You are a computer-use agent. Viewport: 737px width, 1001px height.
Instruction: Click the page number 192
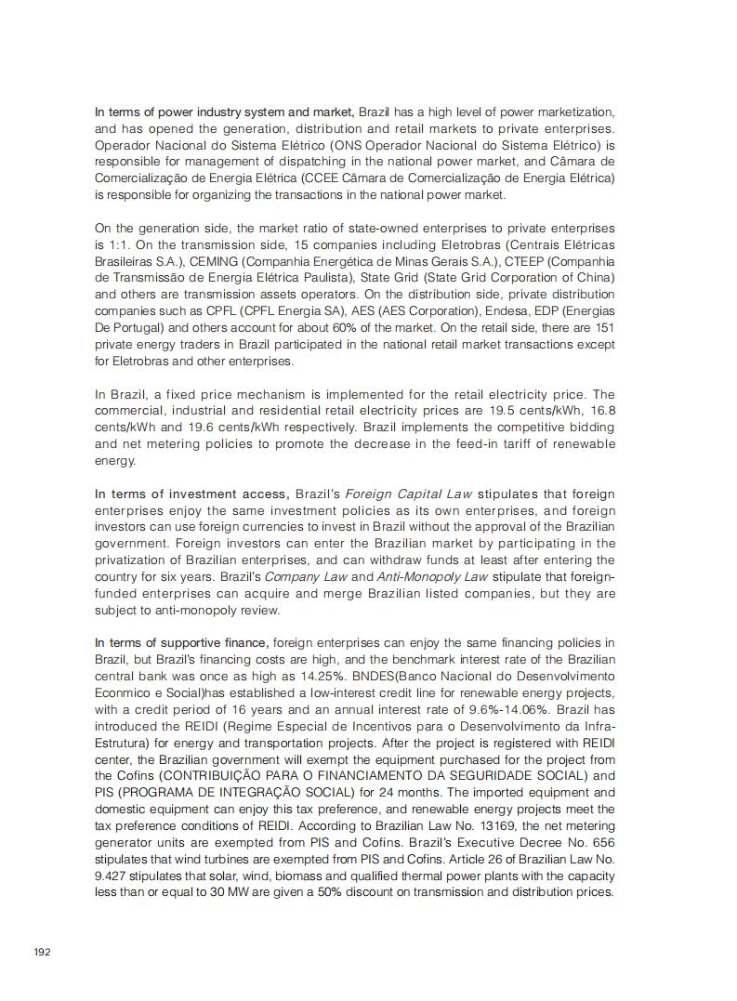42,952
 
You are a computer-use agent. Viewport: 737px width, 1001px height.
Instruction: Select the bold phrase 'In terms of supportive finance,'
182,642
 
